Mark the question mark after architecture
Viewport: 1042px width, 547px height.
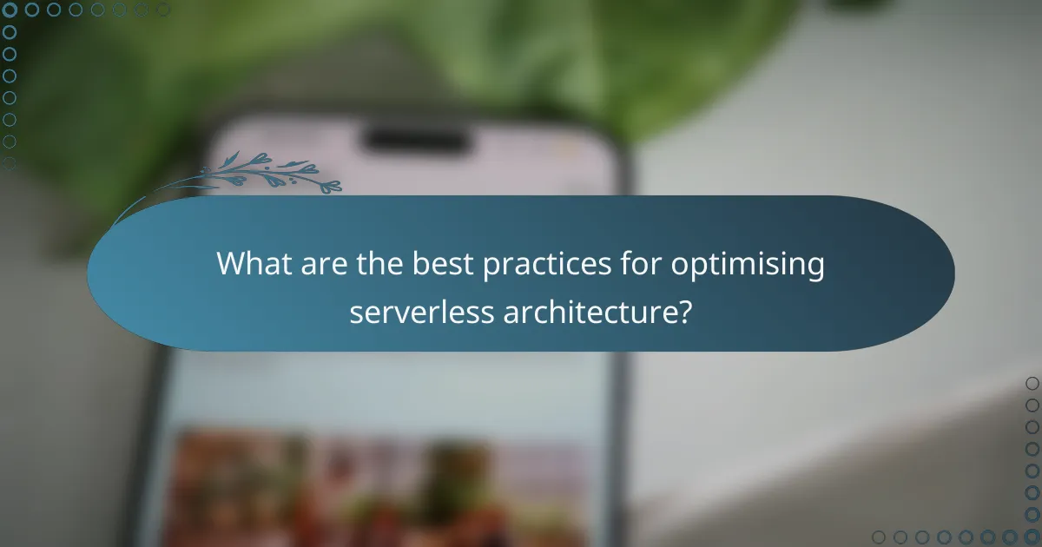click(684, 311)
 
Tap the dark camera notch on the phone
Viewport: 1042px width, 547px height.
click(416, 139)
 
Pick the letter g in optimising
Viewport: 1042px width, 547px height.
click(814, 269)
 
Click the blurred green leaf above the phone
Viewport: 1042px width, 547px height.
click(434, 52)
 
